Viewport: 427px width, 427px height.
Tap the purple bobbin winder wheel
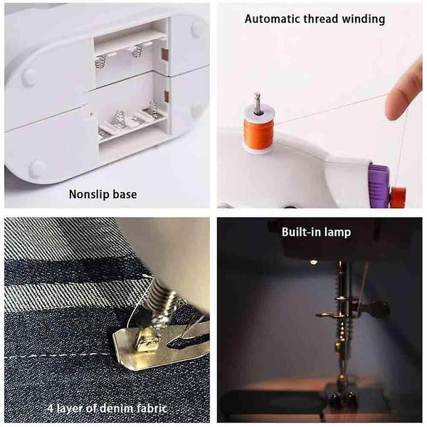click(378, 184)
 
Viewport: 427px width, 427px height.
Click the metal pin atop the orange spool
click(257, 102)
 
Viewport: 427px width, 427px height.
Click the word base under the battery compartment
click(125, 194)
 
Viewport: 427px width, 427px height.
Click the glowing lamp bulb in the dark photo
click(313, 263)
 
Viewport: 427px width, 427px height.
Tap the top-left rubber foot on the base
click(29, 77)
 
